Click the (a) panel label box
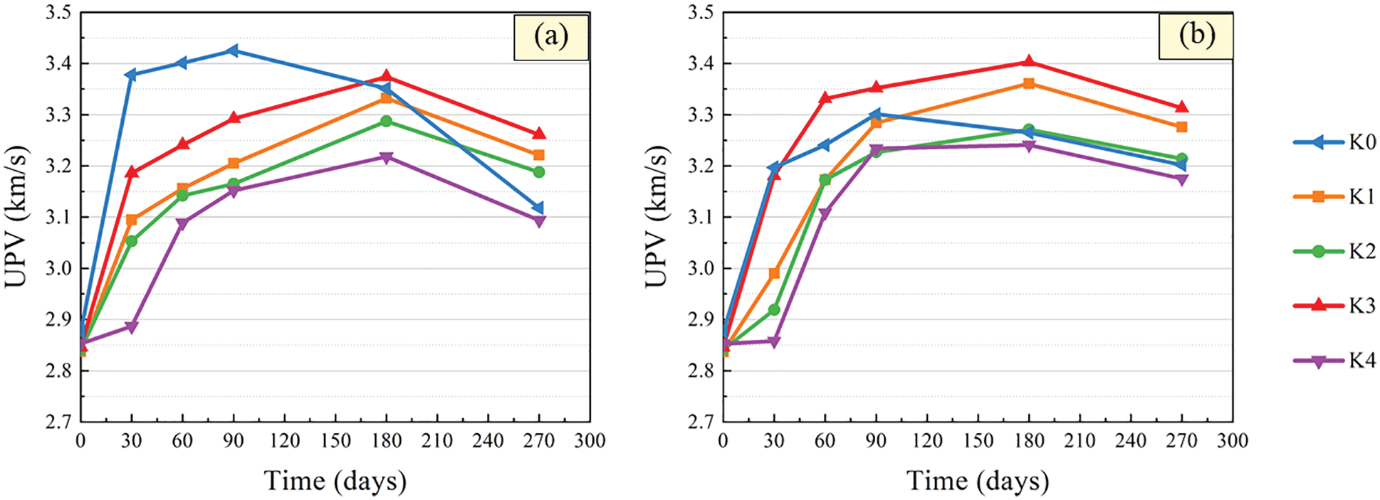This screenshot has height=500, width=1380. [x=551, y=36]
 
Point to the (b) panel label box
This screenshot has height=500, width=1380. [x=1196, y=36]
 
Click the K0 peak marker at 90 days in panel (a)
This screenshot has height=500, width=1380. [x=233, y=50]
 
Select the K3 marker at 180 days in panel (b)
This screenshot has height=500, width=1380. [x=1029, y=62]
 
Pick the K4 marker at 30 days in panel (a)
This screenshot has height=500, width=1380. [x=132, y=327]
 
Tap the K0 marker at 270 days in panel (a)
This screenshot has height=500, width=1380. [x=539, y=208]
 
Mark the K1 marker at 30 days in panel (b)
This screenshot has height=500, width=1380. [x=774, y=273]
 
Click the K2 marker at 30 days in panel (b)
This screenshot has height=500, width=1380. [x=774, y=309]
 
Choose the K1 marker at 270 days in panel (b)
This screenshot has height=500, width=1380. [x=1182, y=127]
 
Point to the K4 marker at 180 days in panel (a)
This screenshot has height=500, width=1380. [x=387, y=157]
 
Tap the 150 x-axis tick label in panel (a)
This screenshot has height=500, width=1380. [x=335, y=441]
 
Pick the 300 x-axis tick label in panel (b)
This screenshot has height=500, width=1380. [x=1233, y=441]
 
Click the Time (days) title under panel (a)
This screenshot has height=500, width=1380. [x=335, y=481]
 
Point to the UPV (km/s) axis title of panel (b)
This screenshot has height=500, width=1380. [x=657, y=217]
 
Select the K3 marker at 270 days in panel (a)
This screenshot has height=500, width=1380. [x=539, y=134]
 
